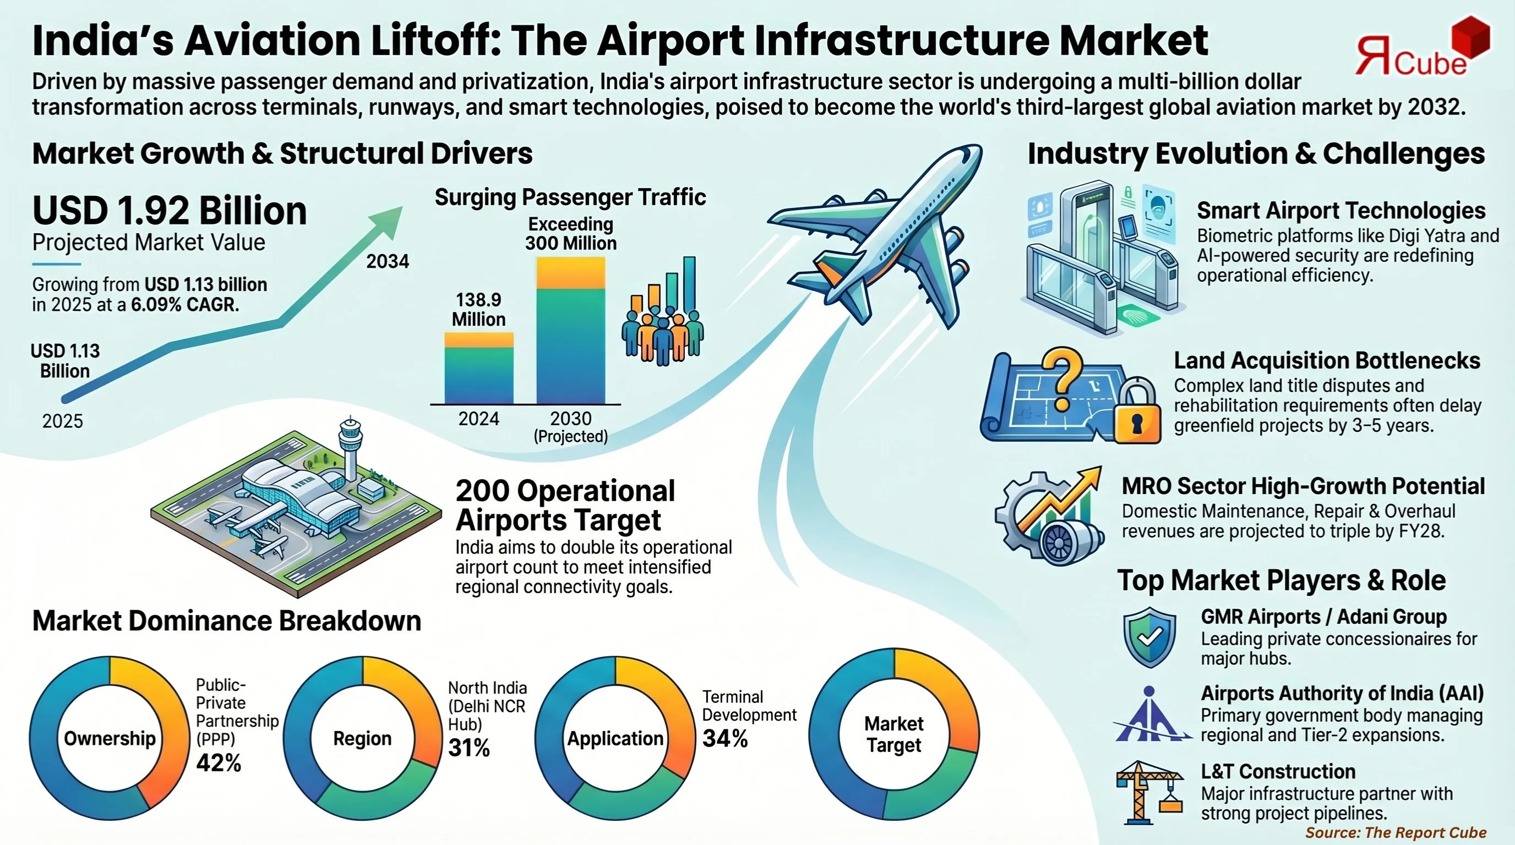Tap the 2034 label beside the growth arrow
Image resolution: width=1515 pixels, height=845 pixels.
click(x=388, y=261)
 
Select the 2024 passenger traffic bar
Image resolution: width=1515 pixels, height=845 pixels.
click(x=479, y=369)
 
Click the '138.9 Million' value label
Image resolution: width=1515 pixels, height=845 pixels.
click(x=479, y=310)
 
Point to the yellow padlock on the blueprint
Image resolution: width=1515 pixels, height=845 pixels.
click(x=1136, y=413)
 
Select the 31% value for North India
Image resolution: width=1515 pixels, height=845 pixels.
click(x=468, y=748)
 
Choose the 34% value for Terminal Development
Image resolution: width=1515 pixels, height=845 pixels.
click(x=724, y=739)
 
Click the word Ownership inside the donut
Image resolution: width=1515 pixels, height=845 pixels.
click(x=110, y=738)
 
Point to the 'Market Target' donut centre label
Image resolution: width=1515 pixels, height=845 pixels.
click(x=893, y=734)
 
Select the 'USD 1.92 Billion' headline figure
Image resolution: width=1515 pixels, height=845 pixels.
click(x=170, y=210)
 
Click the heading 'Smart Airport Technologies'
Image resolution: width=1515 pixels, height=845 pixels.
click(x=1341, y=210)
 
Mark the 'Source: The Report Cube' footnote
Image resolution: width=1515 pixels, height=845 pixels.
click(x=1396, y=833)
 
